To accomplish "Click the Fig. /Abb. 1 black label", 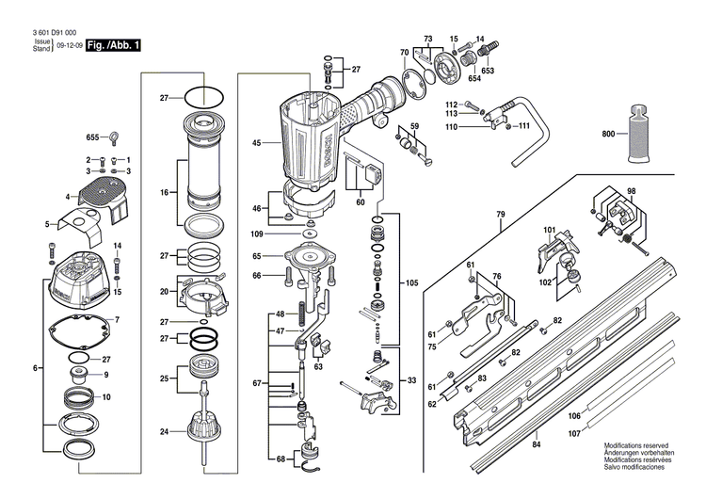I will coord(112,45).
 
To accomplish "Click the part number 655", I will coord(93,137).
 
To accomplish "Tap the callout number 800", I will coord(609,135).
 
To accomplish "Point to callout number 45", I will coord(256,144).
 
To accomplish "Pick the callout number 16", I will coord(164,192).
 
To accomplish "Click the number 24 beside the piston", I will coord(164,433).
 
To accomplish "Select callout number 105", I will coord(411,282).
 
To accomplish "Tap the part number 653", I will coord(488,71).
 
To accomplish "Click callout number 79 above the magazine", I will coord(501,214).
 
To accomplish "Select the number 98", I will coord(632,192).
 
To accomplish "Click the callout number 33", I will coord(411,380).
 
